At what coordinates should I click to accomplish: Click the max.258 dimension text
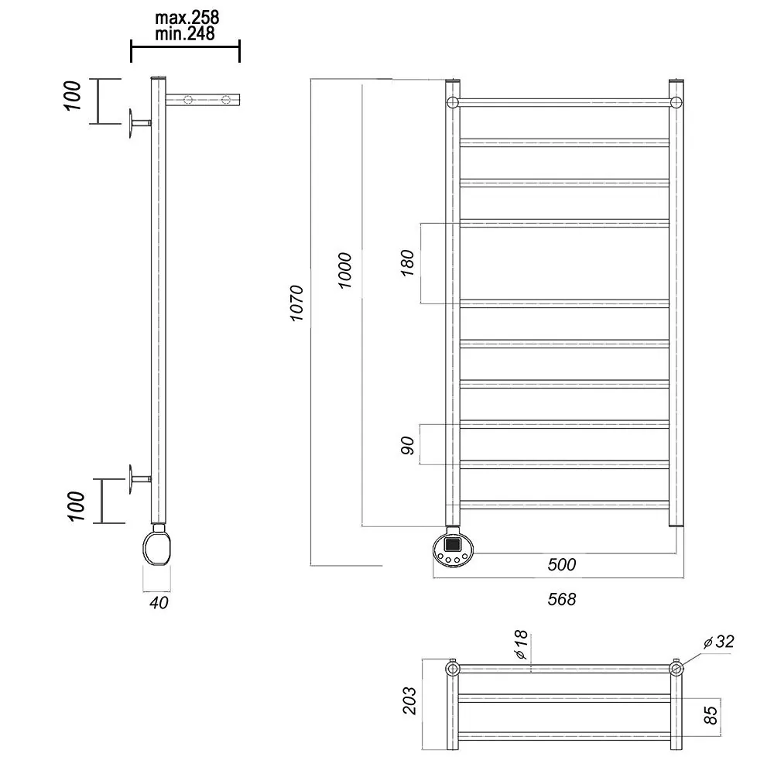[x=187, y=18]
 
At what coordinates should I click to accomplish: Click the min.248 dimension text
[x=185, y=33]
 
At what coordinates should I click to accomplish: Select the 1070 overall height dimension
[x=296, y=303]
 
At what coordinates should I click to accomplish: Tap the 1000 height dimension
[x=344, y=270]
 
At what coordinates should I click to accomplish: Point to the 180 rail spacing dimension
[x=407, y=263]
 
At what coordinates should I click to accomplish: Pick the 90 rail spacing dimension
[x=407, y=445]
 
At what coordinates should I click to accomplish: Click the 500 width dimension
[x=562, y=564]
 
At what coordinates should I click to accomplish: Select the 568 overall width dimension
[x=562, y=599]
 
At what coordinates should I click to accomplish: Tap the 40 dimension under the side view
[x=159, y=602]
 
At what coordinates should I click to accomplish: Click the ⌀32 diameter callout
[x=719, y=641]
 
